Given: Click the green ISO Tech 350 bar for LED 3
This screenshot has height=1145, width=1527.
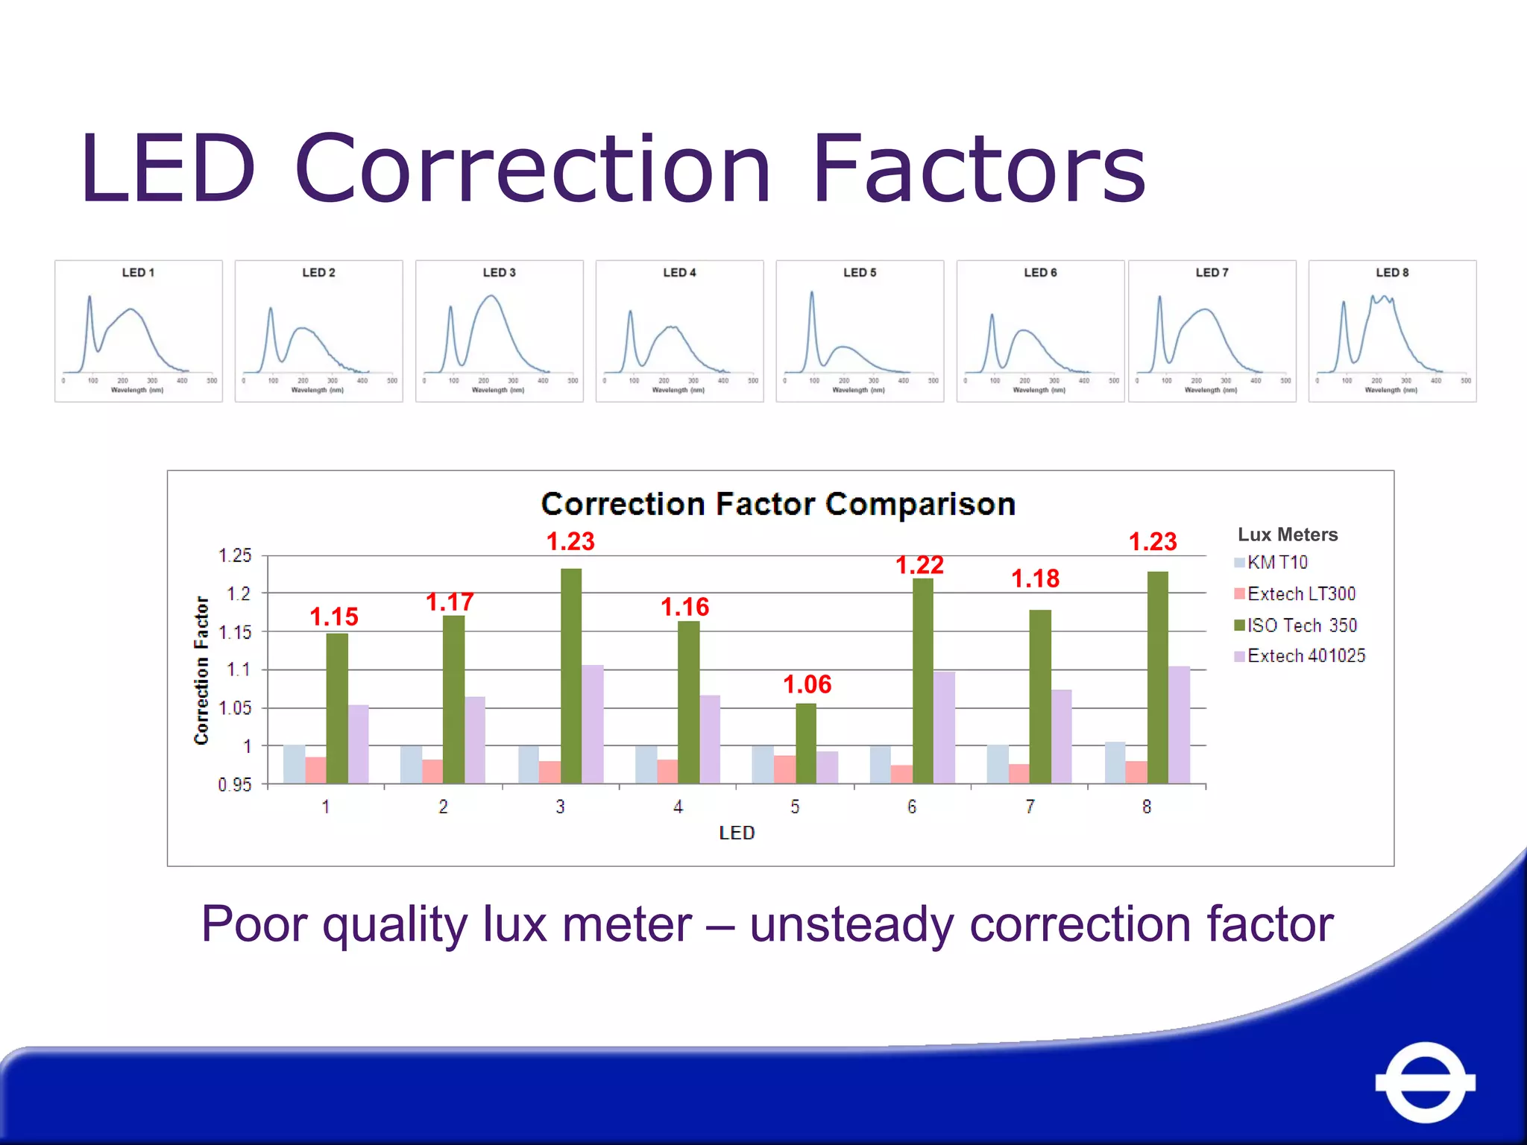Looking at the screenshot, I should pyautogui.click(x=571, y=675).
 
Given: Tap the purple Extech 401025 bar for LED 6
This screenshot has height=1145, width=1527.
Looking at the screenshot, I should pyautogui.click(x=944, y=727).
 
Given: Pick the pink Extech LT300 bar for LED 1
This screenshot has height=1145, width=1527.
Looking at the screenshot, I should pyautogui.click(x=315, y=770).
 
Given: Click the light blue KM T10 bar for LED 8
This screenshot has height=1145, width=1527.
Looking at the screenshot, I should pyautogui.click(x=1115, y=763).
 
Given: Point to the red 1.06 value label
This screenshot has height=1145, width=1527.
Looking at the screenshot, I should pyautogui.click(x=807, y=684).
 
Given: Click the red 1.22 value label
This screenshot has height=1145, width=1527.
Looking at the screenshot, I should pyautogui.click(x=919, y=565).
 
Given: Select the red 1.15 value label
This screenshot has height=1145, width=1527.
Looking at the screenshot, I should pyautogui.click(x=334, y=616).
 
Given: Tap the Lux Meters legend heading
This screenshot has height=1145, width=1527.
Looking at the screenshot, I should pyautogui.click(x=1288, y=534).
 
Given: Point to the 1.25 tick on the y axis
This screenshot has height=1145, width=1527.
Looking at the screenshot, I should pyautogui.click(x=235, y=555).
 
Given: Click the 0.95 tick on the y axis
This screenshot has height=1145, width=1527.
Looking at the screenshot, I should pyautogui.click(x=235, y=784).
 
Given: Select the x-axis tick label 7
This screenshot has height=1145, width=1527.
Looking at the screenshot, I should pyautogui.click(x=1030, y=807).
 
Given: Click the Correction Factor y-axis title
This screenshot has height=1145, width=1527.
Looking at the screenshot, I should pyautogui.click(x=201, y=669).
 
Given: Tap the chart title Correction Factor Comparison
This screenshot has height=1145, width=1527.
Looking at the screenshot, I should pyautogui.click(x=778, y=504).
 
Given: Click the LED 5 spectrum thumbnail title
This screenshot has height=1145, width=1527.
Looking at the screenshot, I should pyautogui.click(x=860, y=272).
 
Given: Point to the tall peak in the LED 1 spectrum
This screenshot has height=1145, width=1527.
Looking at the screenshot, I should pyautogui.click(x=89, y=299).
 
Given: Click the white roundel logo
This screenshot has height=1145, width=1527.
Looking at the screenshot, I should pyautogui.click(x=1425, y=1082).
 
